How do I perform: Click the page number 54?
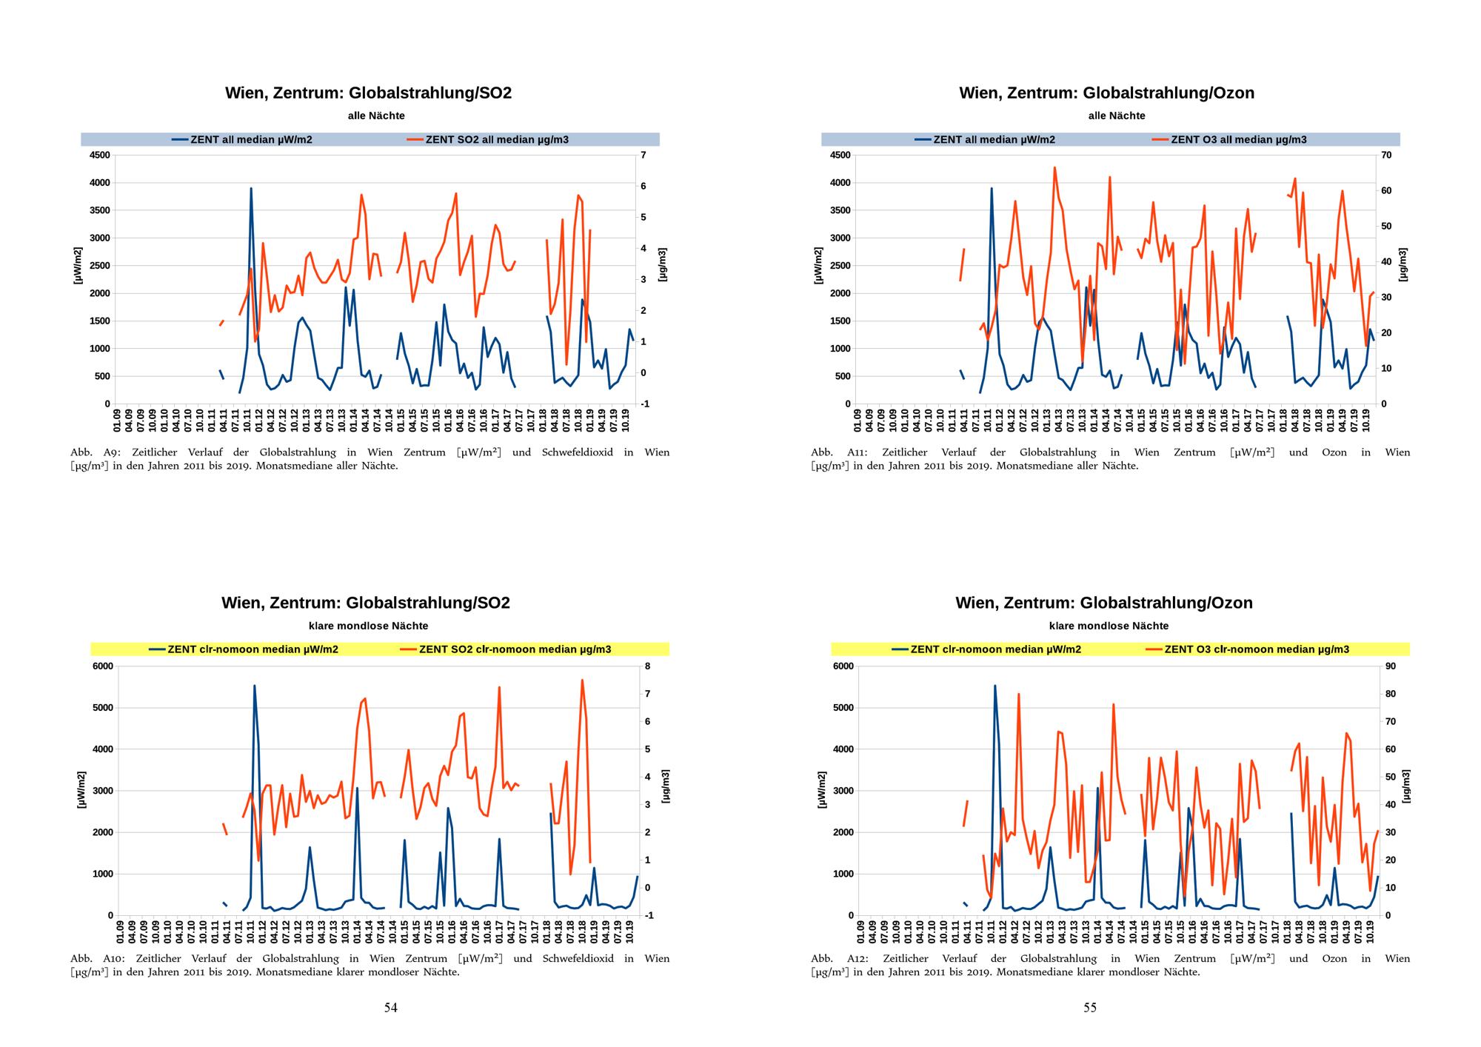click(390, 1007)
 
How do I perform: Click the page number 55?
click(1090, 1007)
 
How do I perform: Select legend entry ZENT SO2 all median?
click(496, 139)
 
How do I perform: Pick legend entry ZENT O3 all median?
click(1238, 139)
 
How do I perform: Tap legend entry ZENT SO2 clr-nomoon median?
click(515, 649)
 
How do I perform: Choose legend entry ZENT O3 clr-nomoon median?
click(1256, 649)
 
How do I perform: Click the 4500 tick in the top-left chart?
click(99, 155)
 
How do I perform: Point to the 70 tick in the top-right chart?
click(1386, 155)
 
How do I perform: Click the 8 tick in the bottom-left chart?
click(648, 666)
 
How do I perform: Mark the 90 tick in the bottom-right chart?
click(1390, 666)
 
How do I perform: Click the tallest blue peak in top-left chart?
click(251, 189)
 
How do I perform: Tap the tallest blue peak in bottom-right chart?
click(994, 686)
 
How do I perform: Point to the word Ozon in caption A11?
click(1334, 452)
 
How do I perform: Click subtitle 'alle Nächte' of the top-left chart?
click(376, 116)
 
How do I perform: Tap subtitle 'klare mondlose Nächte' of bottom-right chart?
click(1109, 626)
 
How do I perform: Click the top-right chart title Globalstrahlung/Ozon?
click(1169, 93)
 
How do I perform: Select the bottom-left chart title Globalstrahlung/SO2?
click(428, 603)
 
